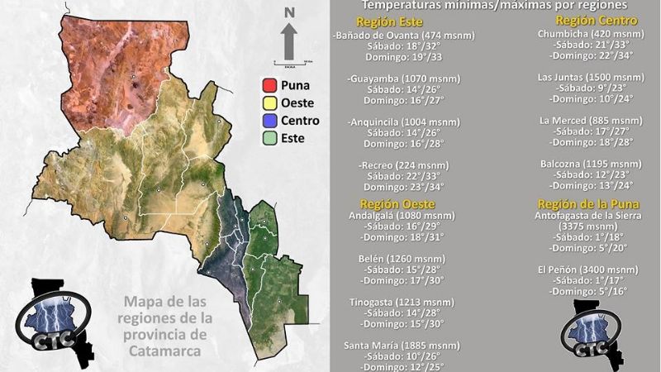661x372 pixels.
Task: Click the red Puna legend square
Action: click(x=269, y=85)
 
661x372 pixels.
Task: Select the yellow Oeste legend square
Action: click(x=269, y=103)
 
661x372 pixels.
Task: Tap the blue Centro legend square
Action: click(x=269, y=121)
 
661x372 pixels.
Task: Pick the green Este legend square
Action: click(x=269, y=138)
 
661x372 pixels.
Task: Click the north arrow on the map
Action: click(x=289, y=39)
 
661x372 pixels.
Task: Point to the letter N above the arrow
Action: click(x=289, y=12)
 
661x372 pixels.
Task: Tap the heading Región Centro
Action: click(x=588, y=20)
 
